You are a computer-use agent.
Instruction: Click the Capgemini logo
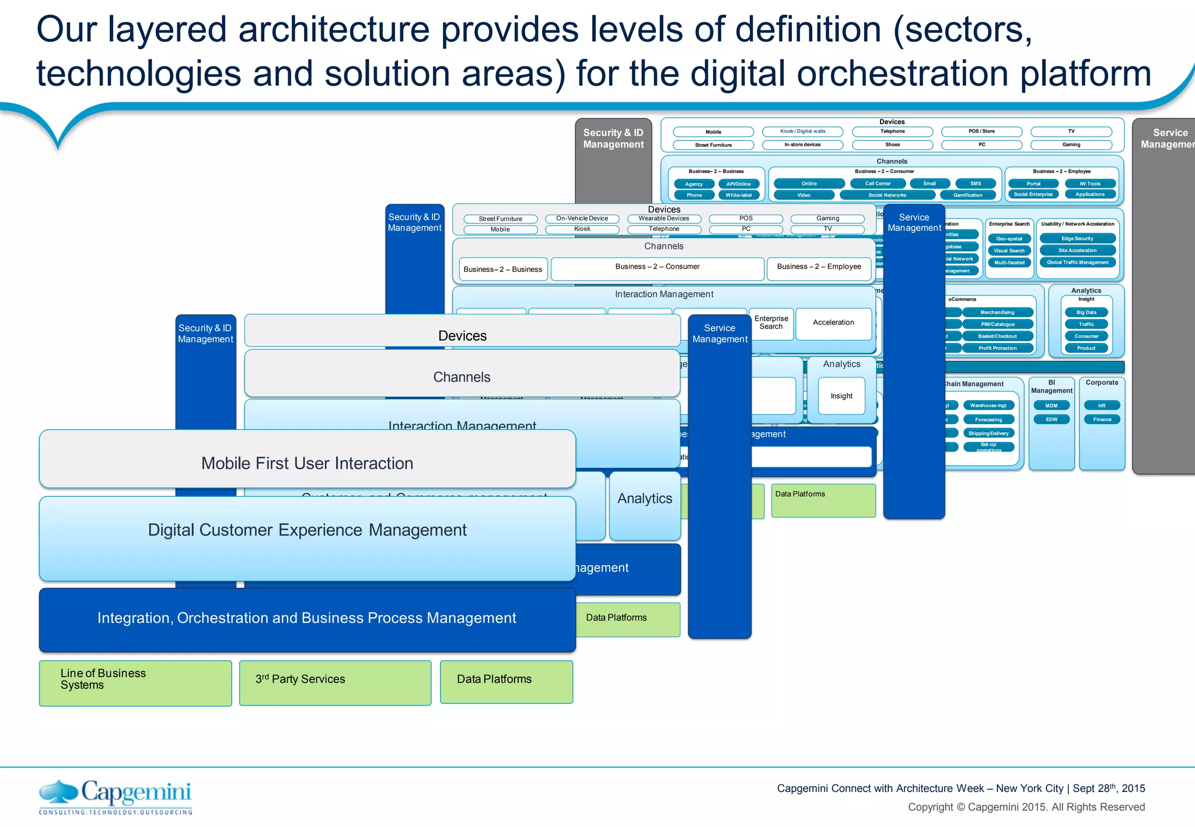[x=115, y=797]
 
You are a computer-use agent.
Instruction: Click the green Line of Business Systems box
[x=135, y=683]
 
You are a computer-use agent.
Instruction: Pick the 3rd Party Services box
[x=335, y=683]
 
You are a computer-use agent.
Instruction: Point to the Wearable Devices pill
[x=663, y=219]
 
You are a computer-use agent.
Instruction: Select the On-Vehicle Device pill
[x=582, y=219]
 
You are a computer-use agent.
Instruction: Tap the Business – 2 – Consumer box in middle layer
[x=657, y=268]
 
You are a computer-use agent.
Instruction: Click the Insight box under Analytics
[x=841, y=396]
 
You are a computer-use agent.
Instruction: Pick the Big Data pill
[x=1086, y=313]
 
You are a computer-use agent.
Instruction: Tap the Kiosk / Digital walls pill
[x=803, y=132]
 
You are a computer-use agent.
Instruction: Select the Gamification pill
[x=967, y=195]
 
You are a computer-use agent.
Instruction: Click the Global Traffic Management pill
[x=1077, y=262]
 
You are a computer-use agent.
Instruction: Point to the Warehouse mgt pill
[x=988, y=405]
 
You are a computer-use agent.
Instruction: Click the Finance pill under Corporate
[x=1102, y=419]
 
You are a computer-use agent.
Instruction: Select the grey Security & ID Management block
[x=613, y=157]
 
